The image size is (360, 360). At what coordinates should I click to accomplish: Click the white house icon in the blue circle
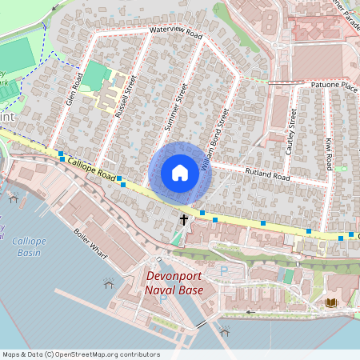pyautogui.click(x=180, y=173)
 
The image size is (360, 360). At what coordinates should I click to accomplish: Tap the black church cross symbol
pyautogui.click(x=184, y=218)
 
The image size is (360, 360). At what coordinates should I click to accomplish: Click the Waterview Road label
pyautogui.click(x=176, y=33)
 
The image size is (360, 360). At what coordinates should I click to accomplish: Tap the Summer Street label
pyautogui.click(x=174, y=106)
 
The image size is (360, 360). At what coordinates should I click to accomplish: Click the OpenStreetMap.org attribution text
pyautogui.click(x=96, y=354)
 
